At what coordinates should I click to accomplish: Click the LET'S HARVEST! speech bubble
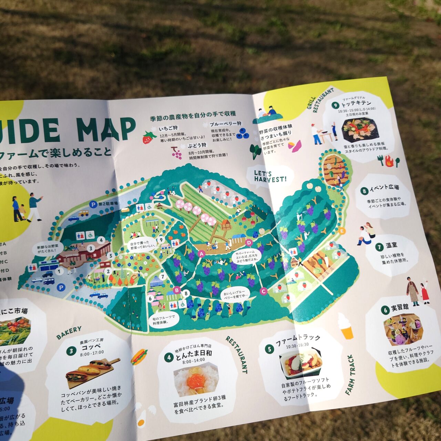pyautogui.click(x=270, y=176)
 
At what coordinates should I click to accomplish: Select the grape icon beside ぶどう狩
pyautogui.click(x=177, y=153)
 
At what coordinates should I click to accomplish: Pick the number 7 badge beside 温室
pyautogui.click(x=380, y=247)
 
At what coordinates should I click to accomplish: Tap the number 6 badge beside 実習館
pyautogui.click(x=385, y=310)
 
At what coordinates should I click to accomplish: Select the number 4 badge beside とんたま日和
pyautogui.click(x=168, y=357)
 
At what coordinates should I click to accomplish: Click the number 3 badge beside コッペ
pyautogui.click(x=71, y=351)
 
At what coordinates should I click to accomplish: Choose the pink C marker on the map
pyautogui.click(x=264, y=291)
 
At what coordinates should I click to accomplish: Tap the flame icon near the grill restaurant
pyautogui.click(x=389, y=160)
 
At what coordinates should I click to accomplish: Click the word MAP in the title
pyautogui.click(x=106, y=129)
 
